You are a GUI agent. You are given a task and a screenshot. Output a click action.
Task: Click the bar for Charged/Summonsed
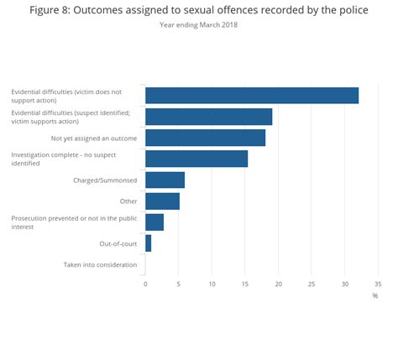(165, 180)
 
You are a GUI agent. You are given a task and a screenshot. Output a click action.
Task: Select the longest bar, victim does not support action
(252, 96)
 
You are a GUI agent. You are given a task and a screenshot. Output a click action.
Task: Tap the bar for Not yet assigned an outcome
(205, 138)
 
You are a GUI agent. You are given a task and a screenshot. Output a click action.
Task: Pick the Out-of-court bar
(149, 243)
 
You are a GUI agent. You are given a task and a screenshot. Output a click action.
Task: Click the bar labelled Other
(162, 201)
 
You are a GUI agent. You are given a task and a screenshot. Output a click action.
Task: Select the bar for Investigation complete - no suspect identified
(196, 159)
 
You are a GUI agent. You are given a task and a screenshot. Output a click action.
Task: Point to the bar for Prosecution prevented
(154, 222)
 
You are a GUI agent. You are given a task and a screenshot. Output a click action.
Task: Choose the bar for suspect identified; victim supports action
(208, 117)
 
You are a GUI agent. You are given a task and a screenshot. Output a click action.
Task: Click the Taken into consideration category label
(100, 265)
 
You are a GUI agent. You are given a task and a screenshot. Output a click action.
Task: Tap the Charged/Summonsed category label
(105, 180)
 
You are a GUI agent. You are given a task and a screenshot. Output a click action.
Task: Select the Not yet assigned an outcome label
(94, 138)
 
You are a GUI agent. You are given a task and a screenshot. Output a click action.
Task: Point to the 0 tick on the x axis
(145, 284)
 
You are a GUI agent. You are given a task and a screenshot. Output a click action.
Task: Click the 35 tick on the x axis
(378, 284)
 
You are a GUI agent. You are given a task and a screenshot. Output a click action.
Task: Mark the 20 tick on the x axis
(278, 284)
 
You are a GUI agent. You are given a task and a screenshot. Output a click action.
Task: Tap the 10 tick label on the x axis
(212, 284)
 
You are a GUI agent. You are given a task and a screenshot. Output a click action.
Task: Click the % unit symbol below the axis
(375, 295)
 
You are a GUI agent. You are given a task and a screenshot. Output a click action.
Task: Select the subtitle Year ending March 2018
(199, 24)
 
